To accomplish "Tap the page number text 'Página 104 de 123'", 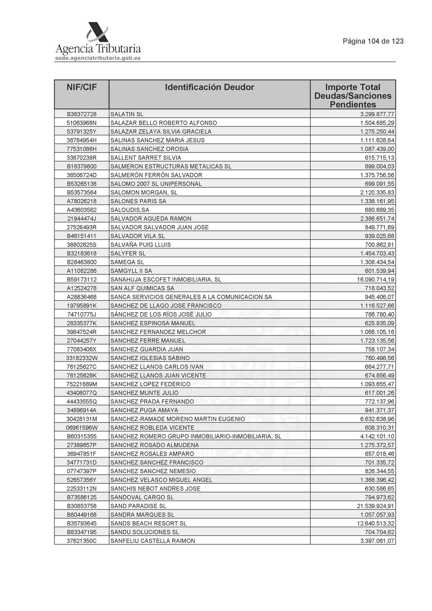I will pyautogui.click(x=373, y=41).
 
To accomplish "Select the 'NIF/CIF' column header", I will pyautogui.click(x=82, y=87).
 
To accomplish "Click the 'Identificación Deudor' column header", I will pyautogui.click(x=209, y=87).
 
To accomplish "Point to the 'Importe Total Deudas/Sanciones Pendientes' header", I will pyautogui.click(x=353, y=96).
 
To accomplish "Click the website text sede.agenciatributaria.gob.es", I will pyautogui.click(x=98, y=58).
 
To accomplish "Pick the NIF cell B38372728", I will pyautogui.click(x=82, y=114).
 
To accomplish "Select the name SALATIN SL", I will pyautogui.click(x=127, y=114).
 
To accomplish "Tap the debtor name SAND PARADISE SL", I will pyautogui.click(x=138, y=506).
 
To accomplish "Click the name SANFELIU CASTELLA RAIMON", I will pyautogui.click(x=153, y=541).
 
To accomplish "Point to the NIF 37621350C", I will pyautogui.click(x=82, y=541).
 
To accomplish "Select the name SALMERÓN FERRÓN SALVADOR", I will pyautogui.click(x=156, y=175).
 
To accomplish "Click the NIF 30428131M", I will pyautogui.click(x=82, y=419).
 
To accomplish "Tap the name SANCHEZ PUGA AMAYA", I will pyautogui.click(x=144, y=410).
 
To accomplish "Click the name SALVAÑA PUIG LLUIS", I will pyautogui.click(x=140, y=245).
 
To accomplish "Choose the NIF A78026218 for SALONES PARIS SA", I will pyautogui.click(x=82, y=201).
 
